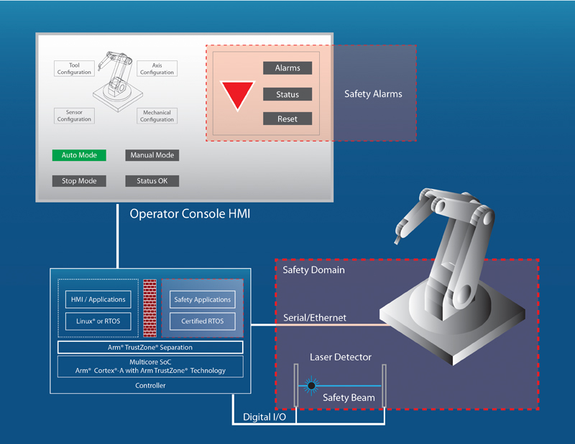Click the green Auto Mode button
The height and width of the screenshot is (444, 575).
[79, 155]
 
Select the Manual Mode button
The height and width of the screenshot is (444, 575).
[152, 155]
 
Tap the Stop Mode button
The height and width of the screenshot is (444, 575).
[79, 181]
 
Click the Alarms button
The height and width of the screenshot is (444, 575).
[287, 68]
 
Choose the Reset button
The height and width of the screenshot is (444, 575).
[287, 119]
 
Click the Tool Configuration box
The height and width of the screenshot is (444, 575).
[75, 69]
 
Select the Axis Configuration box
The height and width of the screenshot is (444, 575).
[157, 69]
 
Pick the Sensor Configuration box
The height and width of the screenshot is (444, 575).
[74, 116]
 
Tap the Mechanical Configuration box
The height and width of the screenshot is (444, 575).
[157, 116]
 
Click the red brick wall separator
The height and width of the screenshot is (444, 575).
[149, 307]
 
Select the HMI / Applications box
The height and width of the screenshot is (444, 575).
[98, 299]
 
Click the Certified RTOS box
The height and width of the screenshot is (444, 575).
[203, 321]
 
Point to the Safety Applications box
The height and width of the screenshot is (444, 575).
[203, 299]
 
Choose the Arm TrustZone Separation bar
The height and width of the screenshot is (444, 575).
[150, 347]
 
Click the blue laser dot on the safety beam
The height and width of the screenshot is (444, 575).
[311, 386]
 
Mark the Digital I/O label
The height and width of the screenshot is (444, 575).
[262, 416]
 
